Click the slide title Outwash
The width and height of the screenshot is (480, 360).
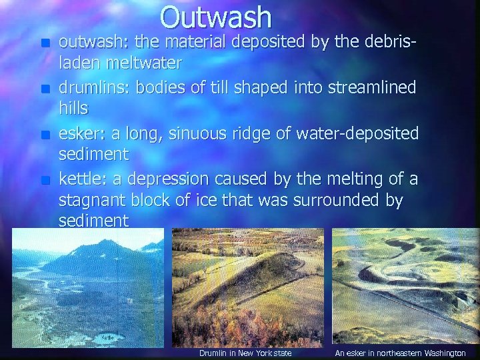pyautogui.click(x=216, y=18)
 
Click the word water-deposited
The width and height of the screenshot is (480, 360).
pyautogui.click(x=357, y=133)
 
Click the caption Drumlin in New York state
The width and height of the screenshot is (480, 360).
pyautogui.click(x=245, y=353)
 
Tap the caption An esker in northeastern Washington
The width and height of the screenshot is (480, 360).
pyautogui.click(x=400, y=353)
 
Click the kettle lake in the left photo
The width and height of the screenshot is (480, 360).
pyautogui.click(x=105, y=338)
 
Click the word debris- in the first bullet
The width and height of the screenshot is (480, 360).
pyautogui.click(x=386, y=42)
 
